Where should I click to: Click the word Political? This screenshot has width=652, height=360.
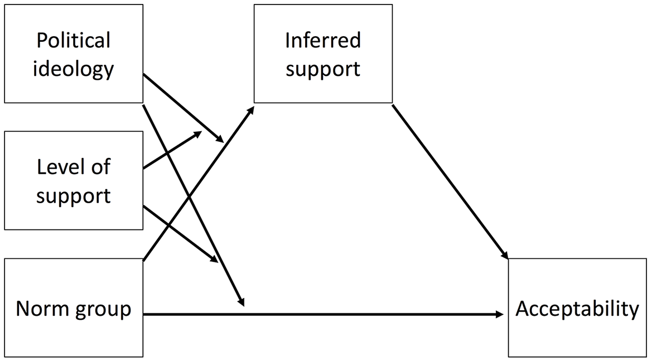click(x=74, y=40)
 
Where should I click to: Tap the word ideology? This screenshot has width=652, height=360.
click(x=74, y=68)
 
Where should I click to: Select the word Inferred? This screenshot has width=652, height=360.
click(x=323, y=40)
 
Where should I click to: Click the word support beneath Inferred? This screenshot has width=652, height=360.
click(x=323, y=68)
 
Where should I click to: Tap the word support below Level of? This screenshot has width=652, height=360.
click(x=74, y=195)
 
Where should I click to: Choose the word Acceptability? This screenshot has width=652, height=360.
click(x=577, y=310)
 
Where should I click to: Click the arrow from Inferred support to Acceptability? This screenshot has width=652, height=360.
click(x=450, y=182)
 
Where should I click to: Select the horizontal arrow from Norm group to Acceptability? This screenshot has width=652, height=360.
click(x=323, y=314)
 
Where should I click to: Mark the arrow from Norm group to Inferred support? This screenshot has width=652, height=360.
click(x=199, y=183)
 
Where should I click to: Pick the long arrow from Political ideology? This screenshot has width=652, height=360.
click(x=194, y=205)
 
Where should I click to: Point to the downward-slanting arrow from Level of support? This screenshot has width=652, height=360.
click(x=181, y=233)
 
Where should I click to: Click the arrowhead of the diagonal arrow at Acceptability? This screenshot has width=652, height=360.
click(x=504, y=255)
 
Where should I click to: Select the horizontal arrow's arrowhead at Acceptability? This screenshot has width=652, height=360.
click(x=499, y=314)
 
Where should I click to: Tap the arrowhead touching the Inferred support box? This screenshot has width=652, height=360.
click(x=250, y=111)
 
